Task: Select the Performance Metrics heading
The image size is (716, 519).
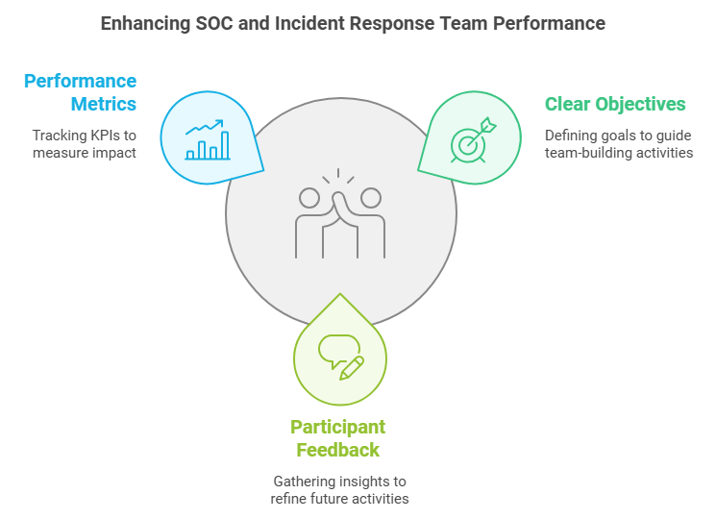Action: point(81,92)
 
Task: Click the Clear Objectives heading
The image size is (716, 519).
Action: point(615,104)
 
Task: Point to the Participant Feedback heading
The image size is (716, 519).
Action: point(338,438)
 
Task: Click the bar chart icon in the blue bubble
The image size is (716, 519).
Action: point(208,139)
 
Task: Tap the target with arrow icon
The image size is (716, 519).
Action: point(474,139)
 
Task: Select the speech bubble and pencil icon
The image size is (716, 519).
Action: point(341,358)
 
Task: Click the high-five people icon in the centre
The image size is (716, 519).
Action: point(340,213)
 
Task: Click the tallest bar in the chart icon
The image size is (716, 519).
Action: point(225,145)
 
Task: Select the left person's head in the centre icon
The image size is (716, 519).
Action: point(309,198)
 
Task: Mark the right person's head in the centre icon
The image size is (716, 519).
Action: point(371,198)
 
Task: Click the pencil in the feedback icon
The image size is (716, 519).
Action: point(352,368)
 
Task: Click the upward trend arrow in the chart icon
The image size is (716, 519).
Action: point(205,127)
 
